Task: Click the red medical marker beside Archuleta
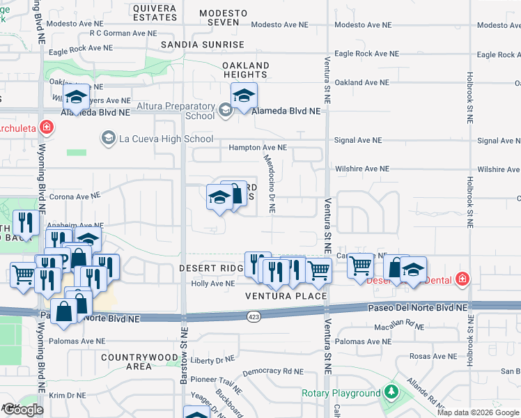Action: click(x=46, y=127)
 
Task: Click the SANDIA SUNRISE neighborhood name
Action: click(x=203, y=45)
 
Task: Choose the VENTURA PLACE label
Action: click(x=286, y=296)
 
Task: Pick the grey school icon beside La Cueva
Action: click(x=108, y=138)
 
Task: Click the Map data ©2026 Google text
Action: click(x=478, y=412)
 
